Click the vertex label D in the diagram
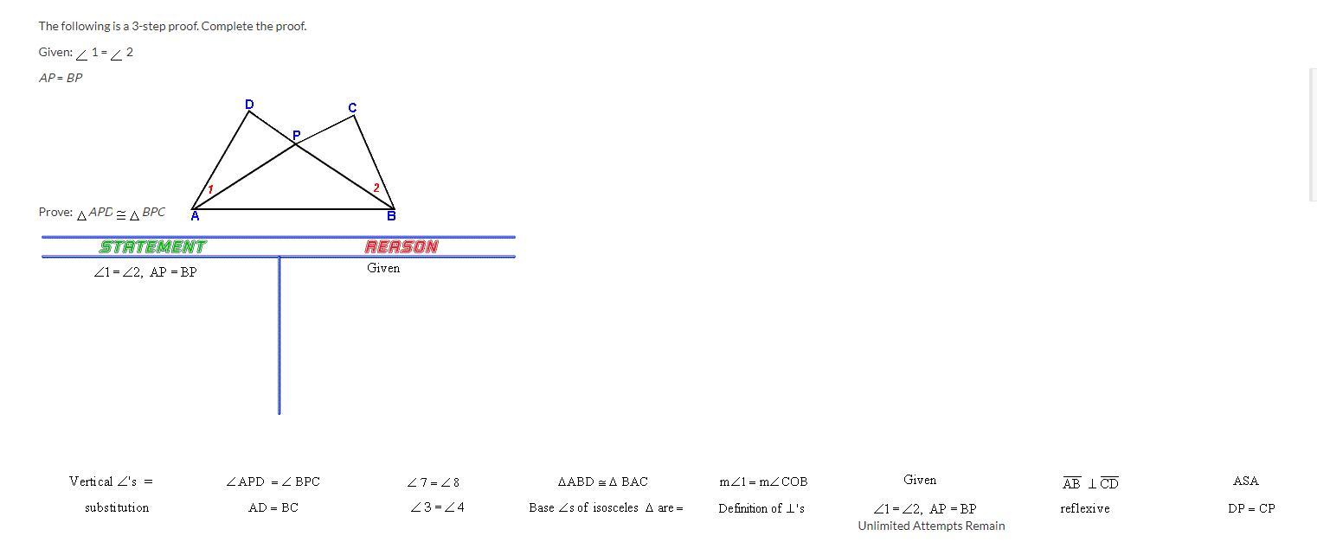coord(249,105)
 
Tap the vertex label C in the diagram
coord(352,107)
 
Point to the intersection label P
coord(296,135)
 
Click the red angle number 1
coord(210,189)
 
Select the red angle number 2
coord(376,188)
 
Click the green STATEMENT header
coord(153,246)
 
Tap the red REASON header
coord(402,246)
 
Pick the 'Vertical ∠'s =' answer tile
coord(111,481)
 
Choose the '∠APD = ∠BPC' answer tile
coord(273,481)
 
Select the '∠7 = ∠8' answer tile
coord(434,482)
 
